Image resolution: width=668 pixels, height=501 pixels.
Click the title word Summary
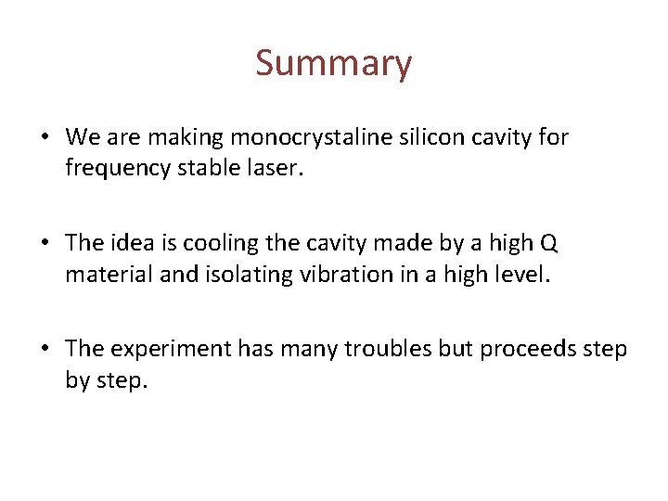tap(333, 63)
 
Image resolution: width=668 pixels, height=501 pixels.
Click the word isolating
tap(228, 276)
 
